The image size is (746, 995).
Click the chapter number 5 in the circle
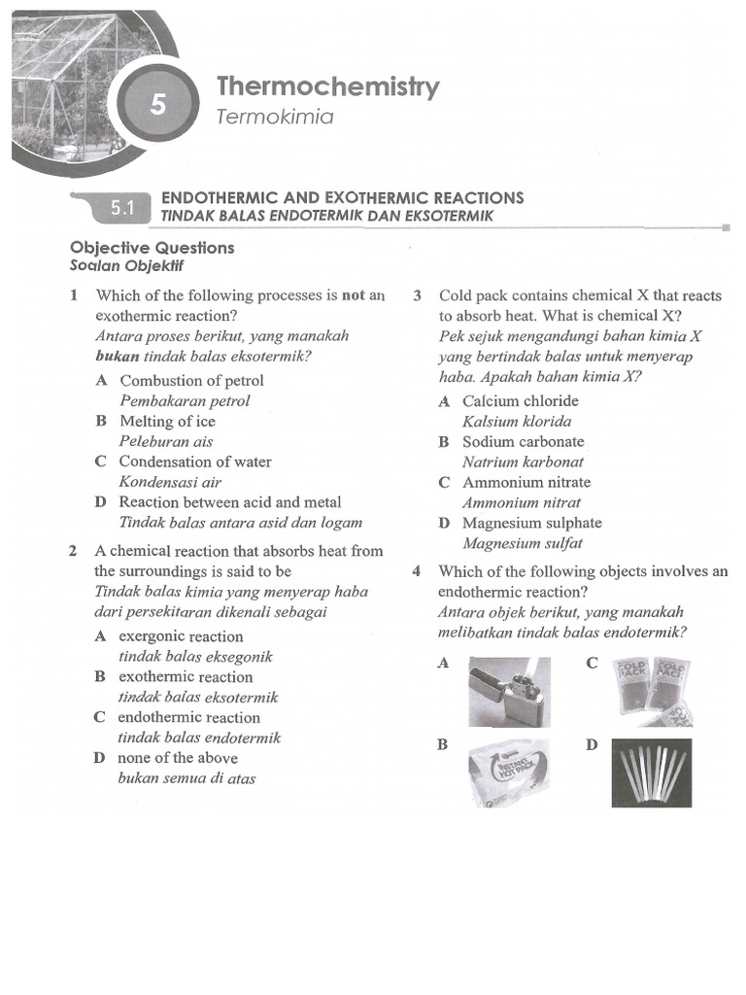(x=158, y=105)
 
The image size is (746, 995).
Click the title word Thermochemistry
(x=328, y=86)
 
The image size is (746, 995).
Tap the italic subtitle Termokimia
(x=275, y=117)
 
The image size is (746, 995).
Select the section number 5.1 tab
(x=121, y=206)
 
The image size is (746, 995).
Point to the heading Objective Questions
(x=153, y=247)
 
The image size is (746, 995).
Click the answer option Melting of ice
(x=167, y=421)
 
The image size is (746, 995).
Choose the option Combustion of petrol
(x=191, y=380)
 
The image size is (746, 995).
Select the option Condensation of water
(x=195, y=462)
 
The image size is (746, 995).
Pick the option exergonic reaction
(x=181, y=636)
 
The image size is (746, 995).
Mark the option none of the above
(x=178, y=758)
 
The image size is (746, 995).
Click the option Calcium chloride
(x=520, y=400)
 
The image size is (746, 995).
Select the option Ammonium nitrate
(x=526, y=482)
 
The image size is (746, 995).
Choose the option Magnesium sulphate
(x=531, y=523)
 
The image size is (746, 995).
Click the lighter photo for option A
(x=509, y=692)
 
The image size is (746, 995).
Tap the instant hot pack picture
(x=508, y=773)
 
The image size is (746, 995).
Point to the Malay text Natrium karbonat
(x=523, y=462)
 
